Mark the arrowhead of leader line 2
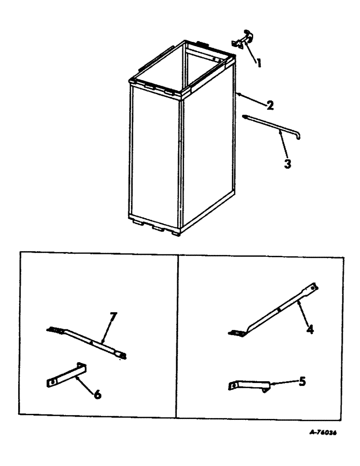238,95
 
